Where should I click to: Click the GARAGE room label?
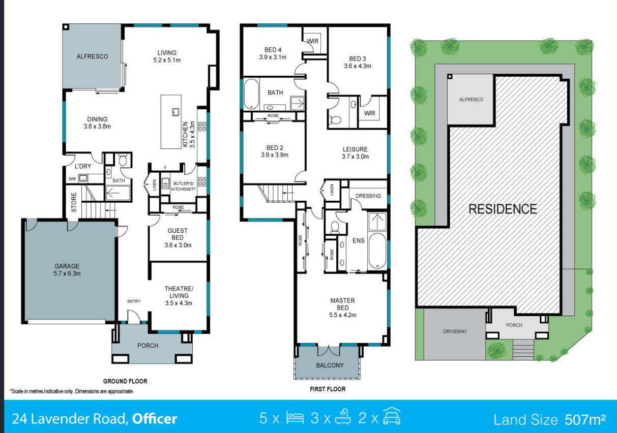point(67,266)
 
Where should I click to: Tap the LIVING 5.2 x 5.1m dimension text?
point(167,60)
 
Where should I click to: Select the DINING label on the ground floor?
point(97,119)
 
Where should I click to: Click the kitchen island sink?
point(175,112)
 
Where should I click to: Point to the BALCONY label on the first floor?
point(330,365)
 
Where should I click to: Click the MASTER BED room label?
point(343,304)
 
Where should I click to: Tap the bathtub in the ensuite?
point(377,251)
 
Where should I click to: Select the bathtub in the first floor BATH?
point(251,94)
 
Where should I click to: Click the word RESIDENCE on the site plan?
point(503,209)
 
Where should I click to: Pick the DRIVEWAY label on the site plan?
point(455,331)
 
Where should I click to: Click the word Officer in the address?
point(155,418)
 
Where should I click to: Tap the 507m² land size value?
point(585,419)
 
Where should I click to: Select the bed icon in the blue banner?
point(295,418)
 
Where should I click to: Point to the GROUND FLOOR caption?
point(125,381)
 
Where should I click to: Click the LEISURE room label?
point(355,149)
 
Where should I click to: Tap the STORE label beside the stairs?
point(74,202)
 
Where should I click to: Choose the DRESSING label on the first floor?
point(368,196)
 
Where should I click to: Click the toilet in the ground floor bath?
point(123,161)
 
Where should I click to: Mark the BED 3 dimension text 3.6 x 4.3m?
point(358,66)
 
